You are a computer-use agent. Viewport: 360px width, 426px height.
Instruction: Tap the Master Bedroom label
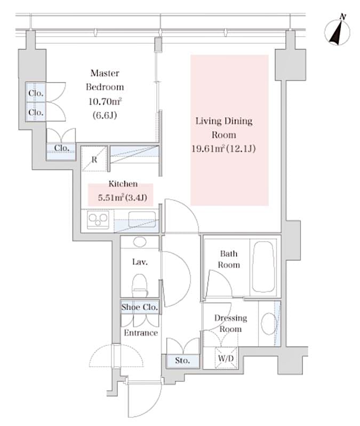[x=105, y=80]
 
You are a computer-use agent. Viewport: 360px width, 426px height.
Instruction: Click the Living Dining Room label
[x=223, y=128]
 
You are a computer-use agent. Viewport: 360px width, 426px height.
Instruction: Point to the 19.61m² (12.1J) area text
[x=224, y=149]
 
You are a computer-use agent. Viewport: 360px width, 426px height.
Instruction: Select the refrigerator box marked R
[x=94, y=158]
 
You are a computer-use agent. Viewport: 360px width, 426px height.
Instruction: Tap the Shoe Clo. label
[x=139, y=307]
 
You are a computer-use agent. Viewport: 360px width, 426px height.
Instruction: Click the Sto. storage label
[x=183, y=361]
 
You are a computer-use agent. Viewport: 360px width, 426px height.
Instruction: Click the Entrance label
[x=141, y=333]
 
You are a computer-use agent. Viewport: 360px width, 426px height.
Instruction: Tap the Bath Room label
[x=229, y=259]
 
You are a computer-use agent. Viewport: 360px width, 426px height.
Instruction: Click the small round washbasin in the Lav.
[x=140, y=242]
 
